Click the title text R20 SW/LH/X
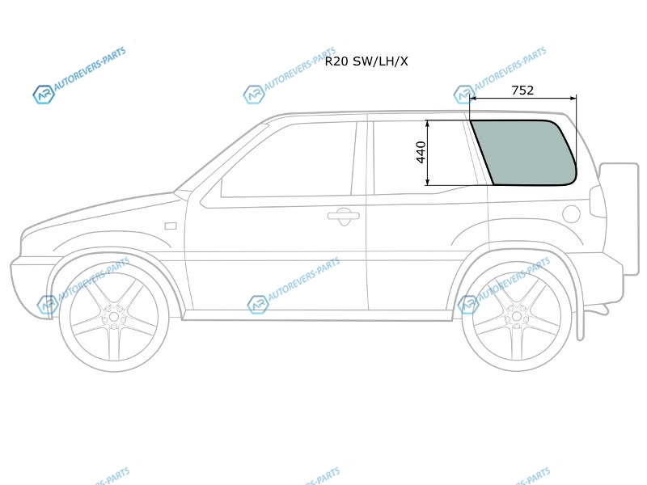(x=366, y=61)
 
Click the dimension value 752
(x=522, y=90)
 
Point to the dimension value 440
(x=421, y=152)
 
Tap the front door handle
(x=343, y=216)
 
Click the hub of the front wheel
(x=114, y=318)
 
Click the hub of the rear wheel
(x=516, y=317)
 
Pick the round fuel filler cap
(x=571, y=214)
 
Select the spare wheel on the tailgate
(x=618, y=219)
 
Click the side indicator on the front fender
(x=171, y=226)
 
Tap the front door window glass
(x=288, y=159)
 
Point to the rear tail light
(x=597, y=201)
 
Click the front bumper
(x=31, y=285)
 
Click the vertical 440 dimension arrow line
(x=428, y=153)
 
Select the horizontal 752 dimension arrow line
(x=522, y=98)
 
